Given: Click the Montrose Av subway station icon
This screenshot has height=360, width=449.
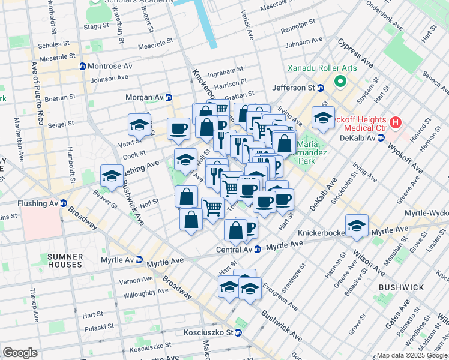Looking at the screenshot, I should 82,65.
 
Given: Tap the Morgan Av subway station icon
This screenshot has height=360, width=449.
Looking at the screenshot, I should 169,97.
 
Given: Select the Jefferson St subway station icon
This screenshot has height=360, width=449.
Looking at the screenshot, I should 321,88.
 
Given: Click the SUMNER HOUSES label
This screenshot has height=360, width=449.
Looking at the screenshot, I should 64,260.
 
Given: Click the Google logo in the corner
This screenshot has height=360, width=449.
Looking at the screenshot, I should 20,353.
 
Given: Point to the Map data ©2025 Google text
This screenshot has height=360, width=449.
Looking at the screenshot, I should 412,355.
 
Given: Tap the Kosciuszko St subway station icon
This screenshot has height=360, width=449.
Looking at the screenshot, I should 238,332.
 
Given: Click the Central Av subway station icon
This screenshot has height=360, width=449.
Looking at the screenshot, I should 257,250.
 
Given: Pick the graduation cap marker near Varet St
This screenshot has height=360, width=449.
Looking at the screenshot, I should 139,125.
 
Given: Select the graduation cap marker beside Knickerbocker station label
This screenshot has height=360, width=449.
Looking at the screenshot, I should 357,226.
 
